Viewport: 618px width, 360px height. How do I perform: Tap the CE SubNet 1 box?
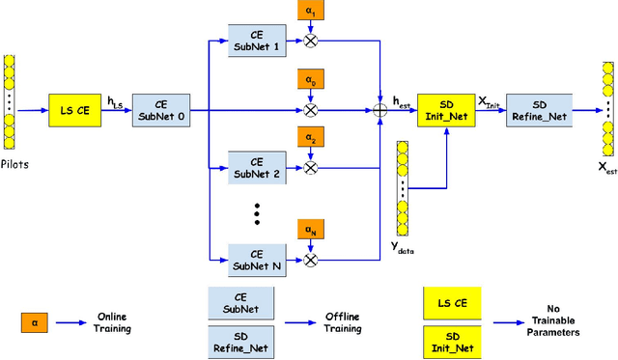click(257, 42)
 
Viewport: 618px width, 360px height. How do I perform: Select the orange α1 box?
click(310, 12)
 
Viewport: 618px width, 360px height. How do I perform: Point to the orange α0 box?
click(310, 82)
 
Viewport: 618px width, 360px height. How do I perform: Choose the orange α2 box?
click(310, 138)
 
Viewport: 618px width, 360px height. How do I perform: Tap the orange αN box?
click(310, 231)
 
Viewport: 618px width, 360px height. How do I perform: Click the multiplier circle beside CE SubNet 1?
click(310, 42)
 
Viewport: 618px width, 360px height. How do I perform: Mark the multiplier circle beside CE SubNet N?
click(310, 259)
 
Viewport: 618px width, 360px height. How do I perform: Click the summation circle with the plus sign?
click(380, 111)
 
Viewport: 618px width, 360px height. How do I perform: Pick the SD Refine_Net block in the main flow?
click(539, 111)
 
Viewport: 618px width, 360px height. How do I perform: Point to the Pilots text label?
click(14, 164)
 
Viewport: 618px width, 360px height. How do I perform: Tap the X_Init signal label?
click(491, 100)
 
